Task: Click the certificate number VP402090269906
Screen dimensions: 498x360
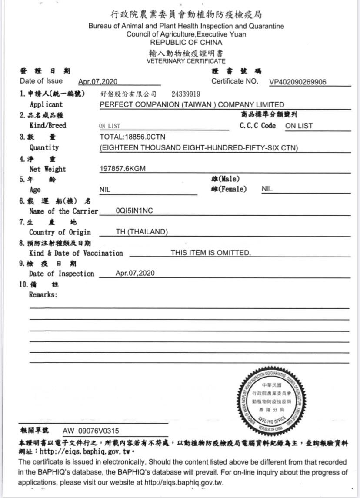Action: (298, 82)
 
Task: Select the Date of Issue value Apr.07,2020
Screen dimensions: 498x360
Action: (98, 82)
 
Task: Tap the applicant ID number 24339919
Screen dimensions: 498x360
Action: (186, 94)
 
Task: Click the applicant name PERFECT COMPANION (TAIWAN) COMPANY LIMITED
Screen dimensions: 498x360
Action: (192, 104)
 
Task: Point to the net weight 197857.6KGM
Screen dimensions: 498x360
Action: (123, 169)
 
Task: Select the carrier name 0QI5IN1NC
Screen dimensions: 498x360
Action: (134, 211)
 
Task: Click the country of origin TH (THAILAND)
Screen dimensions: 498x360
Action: (142, 232)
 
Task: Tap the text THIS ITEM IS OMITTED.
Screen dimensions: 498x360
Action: (210, 253)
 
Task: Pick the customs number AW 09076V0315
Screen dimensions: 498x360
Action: (91, 431)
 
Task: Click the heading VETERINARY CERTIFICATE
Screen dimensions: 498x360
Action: (186, 61)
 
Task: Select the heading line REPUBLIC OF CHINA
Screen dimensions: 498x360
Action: (186, 43)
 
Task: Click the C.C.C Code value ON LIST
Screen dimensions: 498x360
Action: (299, 126)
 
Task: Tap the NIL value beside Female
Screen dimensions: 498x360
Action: (267, 189)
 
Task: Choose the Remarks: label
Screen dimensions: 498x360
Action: (43, 294)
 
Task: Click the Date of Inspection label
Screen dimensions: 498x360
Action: (61, 274)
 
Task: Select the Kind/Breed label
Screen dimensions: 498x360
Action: (48, 125)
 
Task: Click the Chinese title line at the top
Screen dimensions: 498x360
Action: (186, 15)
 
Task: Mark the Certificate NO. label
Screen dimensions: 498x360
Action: (235, 81)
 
